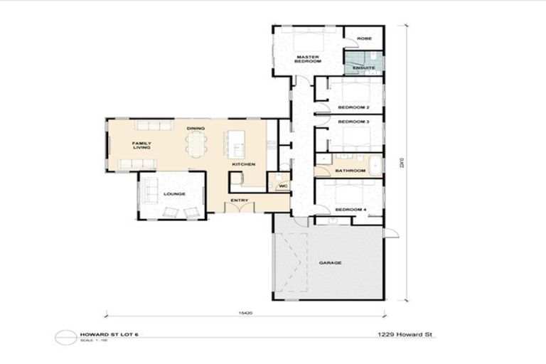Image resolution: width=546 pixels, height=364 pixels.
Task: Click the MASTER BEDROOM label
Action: (307, 59)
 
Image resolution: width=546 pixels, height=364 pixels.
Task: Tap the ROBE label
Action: (364, 38)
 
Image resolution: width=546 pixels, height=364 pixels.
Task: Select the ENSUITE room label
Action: (363, 69)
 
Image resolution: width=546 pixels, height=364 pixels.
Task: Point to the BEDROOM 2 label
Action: (353, 107)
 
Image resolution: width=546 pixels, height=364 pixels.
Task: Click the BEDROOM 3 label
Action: (353, 122)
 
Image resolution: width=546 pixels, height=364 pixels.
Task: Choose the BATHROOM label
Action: (350, 171)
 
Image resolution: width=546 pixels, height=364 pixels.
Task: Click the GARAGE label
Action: (330, 263)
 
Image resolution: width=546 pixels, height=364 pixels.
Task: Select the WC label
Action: (282, 186)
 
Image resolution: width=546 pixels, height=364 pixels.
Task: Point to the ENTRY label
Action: (240, 200)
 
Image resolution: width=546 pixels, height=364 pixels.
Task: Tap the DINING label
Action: (196, 128)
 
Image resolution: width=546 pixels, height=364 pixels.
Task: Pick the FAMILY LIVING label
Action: (141, 145)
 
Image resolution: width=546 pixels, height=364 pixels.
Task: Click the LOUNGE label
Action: (174, 193)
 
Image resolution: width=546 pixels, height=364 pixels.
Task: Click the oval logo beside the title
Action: (65, 337)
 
